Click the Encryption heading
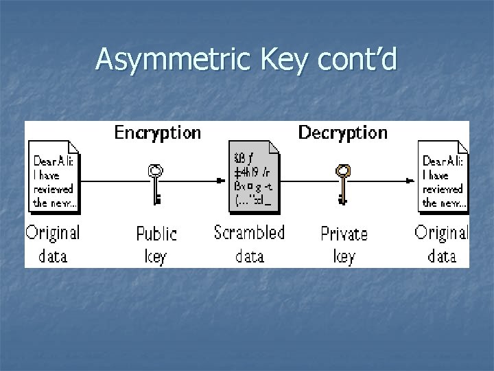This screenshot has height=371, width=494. tap(158, 132)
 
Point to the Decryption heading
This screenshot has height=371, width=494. tap(343, 132)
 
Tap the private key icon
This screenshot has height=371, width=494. tap(342, 184)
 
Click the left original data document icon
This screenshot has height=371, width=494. tap(54, 176)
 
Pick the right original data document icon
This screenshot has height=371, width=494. tap(443, 176)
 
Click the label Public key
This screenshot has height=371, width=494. tap(156, 244)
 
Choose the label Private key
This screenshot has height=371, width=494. tap(344, 244)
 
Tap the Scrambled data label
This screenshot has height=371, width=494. tap(249, 244)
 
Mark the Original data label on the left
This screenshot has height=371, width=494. tap(53, 244)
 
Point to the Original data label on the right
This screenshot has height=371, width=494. tap(443, 244)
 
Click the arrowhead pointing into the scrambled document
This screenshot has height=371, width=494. tap(221, 181)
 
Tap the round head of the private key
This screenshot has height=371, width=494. tap(342, 170)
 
